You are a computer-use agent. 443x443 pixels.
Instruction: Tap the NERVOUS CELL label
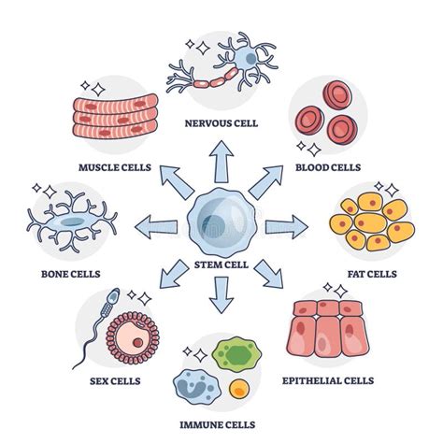(x=221, y=121)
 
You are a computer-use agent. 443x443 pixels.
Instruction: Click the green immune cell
(x=233, y=357)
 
